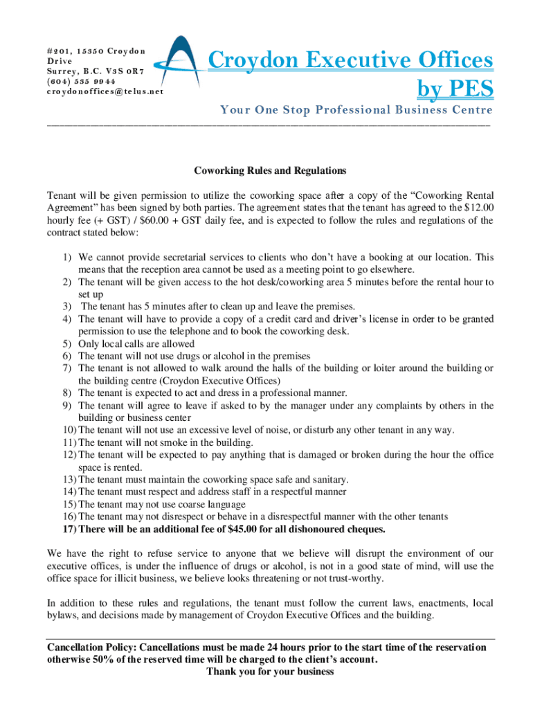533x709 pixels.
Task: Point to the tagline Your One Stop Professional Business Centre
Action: (356, 110)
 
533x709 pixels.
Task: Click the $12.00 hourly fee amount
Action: (477, 208)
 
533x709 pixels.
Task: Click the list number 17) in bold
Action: (69, 529)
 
